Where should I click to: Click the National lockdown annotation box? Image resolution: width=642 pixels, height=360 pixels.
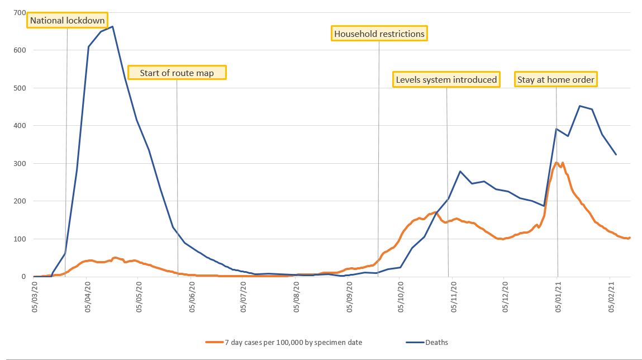click(67, 21)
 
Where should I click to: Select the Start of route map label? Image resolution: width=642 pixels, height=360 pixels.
click(177, 73)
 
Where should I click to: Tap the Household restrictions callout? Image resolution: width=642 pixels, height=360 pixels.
click(379, 34)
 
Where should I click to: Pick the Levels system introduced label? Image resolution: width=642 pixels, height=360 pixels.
click(446, 79)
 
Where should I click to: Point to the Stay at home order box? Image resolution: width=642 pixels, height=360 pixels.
click(555, 79)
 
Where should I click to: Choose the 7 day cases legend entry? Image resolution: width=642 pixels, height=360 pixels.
click(284, 343)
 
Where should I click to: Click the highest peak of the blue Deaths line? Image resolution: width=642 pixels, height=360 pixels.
click(113, 26)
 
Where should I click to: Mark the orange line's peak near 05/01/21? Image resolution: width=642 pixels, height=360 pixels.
click(557, 163)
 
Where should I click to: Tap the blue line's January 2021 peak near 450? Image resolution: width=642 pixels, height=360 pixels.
click(580, 106)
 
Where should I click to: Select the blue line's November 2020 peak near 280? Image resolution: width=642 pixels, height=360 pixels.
click(460, 171)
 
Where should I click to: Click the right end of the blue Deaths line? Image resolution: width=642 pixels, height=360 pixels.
click(616, 154)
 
